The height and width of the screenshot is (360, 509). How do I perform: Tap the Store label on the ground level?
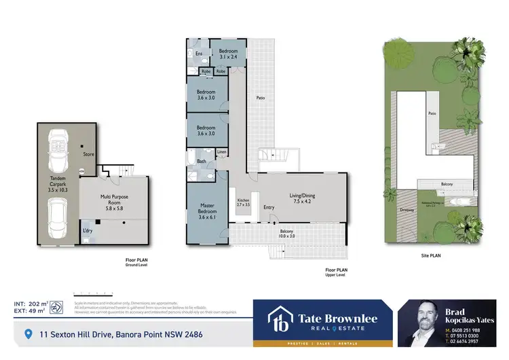point(89,154)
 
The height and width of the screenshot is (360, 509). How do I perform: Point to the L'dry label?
point(88,232)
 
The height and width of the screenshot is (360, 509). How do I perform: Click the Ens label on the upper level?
point(199,53)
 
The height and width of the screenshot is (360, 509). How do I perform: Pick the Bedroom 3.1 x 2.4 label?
point(227,54)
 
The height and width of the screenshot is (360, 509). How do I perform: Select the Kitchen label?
point(244,202)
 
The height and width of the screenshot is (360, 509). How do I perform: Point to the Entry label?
point(269,207)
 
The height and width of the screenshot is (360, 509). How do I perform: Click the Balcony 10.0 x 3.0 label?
point(287,234)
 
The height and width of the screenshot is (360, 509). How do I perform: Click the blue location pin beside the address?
point(28,334)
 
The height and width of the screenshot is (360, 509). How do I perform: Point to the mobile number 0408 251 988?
point(472,329)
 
